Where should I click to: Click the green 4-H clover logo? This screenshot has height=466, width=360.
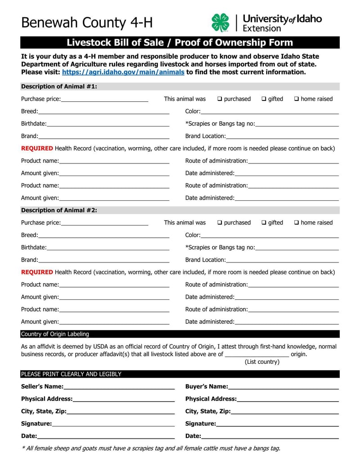[220, 23]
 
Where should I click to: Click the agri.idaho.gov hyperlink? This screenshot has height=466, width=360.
[123, 72]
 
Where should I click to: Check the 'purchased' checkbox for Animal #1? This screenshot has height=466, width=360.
[220, 99]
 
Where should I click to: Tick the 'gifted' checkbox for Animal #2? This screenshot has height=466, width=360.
[264, 223]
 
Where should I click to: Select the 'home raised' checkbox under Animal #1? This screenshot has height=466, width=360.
[297, 99]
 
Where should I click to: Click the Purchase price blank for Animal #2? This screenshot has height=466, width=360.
[104, 223]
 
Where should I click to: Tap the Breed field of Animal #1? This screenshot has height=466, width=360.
[103, 111]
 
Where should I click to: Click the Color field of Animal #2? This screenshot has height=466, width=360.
[270, 235]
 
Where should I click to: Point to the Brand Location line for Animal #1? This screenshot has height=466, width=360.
[282, 136]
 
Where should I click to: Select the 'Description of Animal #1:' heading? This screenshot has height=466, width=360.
[59, 86]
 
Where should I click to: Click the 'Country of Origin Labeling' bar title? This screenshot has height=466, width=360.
[55, 334]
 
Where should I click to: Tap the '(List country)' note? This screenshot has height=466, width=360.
[262, 362]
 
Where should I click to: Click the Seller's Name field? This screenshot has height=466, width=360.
[119, 387]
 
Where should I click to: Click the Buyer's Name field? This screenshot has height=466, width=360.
[283, 387]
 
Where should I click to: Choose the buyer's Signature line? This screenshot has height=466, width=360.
[277, 424]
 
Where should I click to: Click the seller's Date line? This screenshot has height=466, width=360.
[106, 436]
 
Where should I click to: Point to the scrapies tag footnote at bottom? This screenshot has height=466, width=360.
[151, 448]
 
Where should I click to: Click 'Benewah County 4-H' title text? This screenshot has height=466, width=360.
[87, 23]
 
